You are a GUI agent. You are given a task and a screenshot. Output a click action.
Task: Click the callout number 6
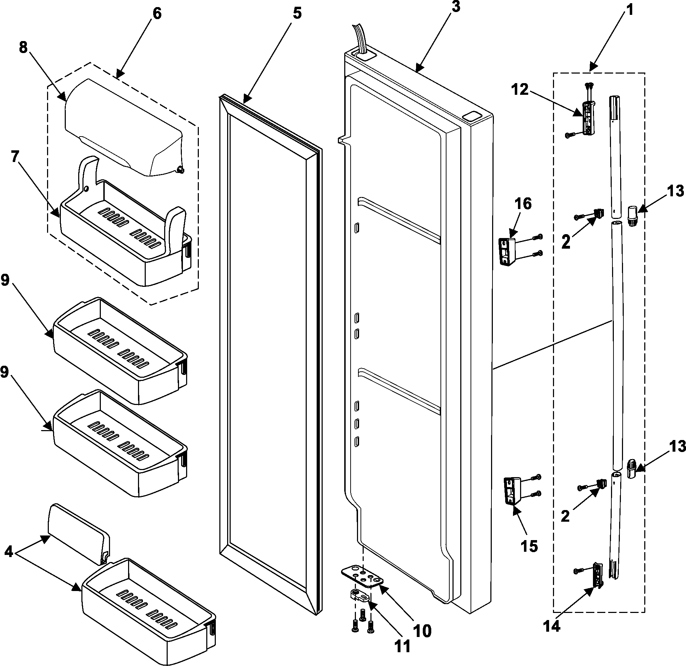(157, 14)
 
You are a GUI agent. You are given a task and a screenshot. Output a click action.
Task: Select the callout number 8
(23, 47)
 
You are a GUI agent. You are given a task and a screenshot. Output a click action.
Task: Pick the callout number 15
(529, 546)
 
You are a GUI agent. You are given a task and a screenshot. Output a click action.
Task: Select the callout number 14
(552, 626)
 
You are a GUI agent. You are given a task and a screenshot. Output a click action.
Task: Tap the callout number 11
(402, 646)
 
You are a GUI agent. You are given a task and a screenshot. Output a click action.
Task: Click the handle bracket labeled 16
(507, 251)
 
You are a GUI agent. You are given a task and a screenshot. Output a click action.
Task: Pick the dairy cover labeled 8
(124, 127)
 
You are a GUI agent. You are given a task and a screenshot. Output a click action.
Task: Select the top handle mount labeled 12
(588, 117)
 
